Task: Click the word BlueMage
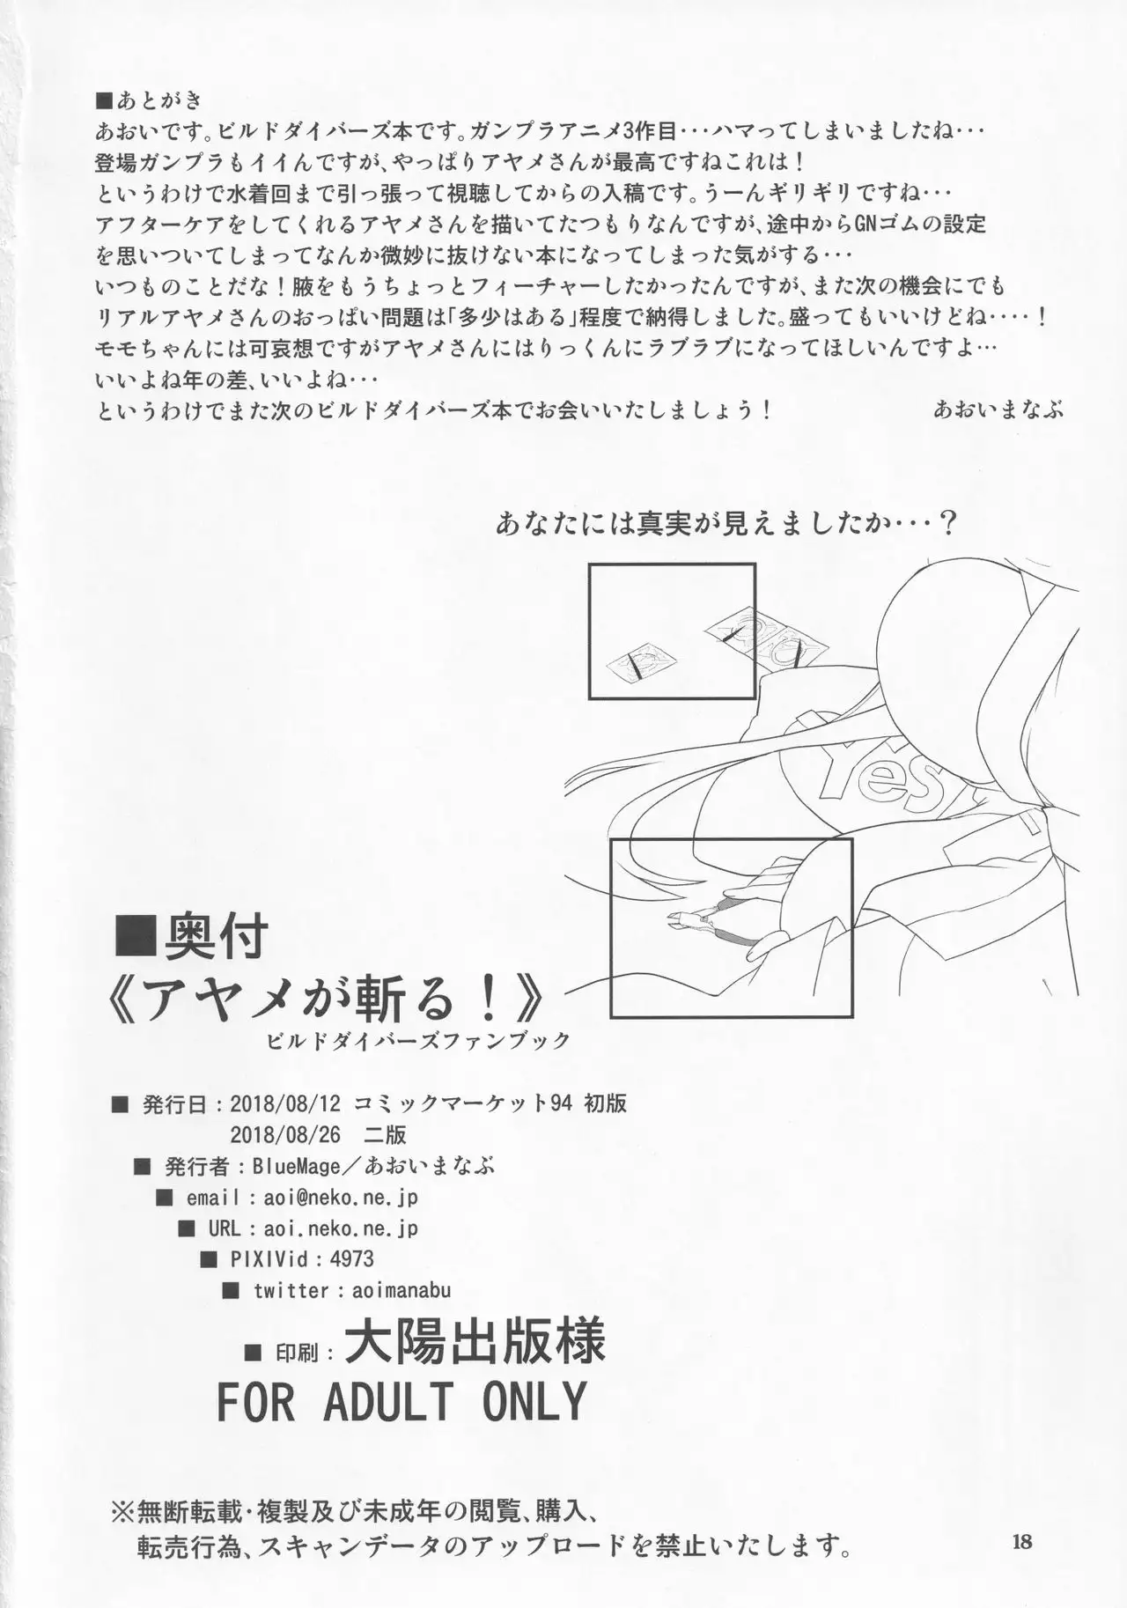[x=296, y=1166]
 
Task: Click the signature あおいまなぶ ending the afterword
[x=998, y=409]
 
